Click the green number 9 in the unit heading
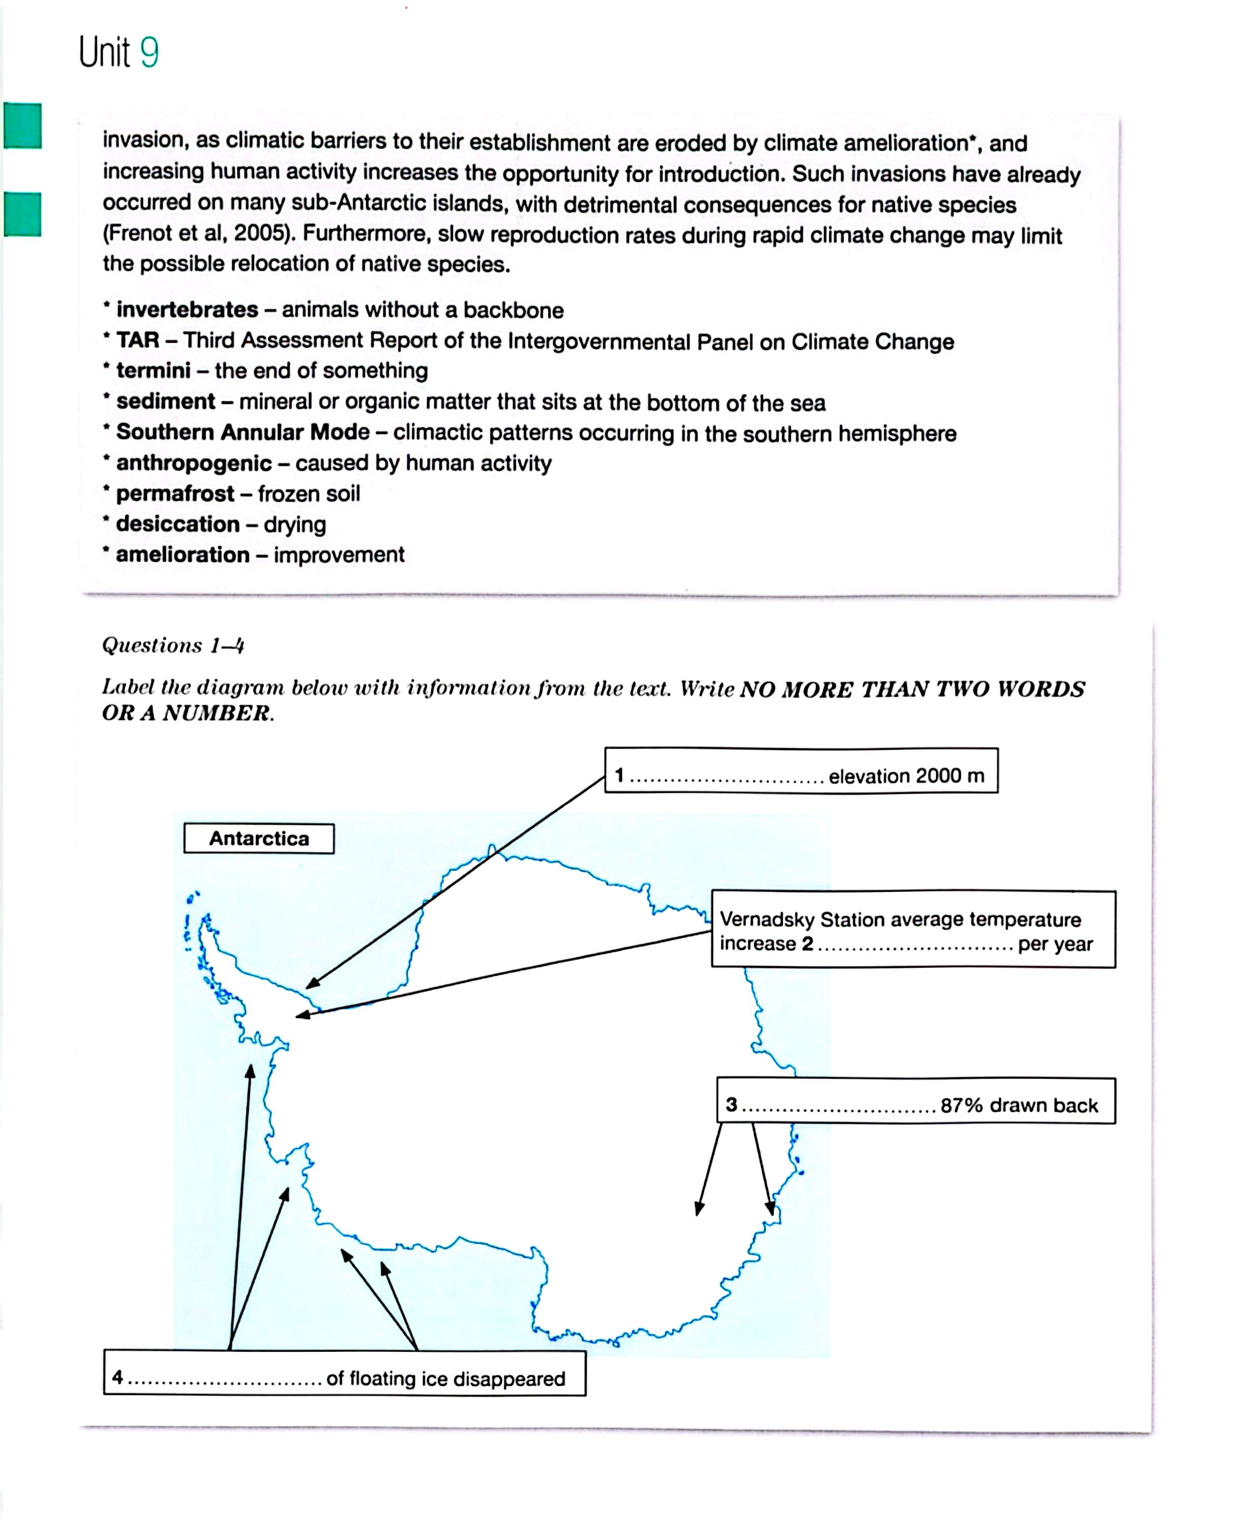point(149,52)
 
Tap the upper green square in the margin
point(22,126)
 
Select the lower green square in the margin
point(22,214)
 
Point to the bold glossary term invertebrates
point(187,310)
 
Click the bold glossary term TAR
point(138,340)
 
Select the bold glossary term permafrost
point(175,494)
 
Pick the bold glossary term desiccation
point(178,524)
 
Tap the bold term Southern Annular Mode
point(243,432)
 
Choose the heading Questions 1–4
point(173,645)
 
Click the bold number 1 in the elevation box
point(619,776)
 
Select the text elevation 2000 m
point(907,776)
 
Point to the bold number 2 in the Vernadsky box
point(807,943)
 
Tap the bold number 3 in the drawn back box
point(731,1104)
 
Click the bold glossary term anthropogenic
point(194,463)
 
